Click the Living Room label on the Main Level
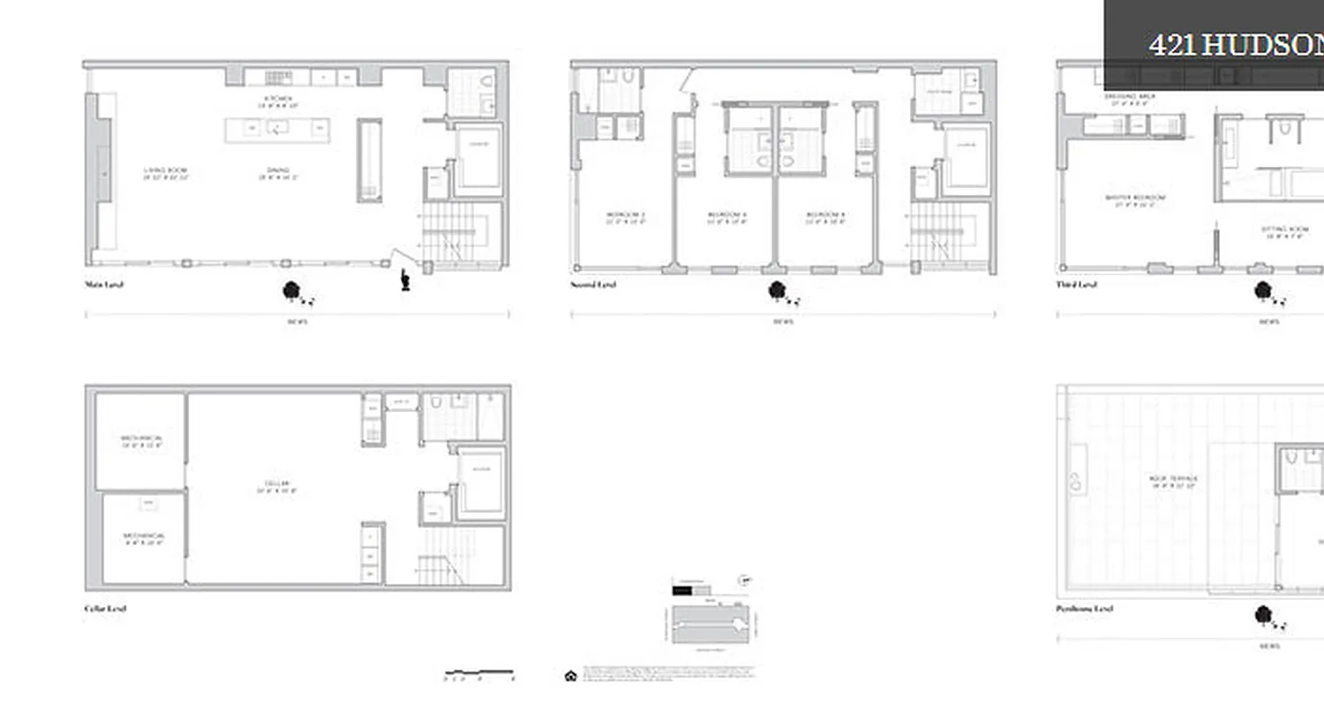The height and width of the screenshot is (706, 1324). pos(166,173)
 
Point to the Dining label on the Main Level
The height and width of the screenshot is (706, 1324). pos(278,173)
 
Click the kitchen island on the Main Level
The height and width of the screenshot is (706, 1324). pos(277,130)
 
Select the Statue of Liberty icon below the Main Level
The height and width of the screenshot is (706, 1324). pos(405,280)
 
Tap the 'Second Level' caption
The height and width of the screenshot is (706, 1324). pos(593,285)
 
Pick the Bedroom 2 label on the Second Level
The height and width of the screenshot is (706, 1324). pos(625,217)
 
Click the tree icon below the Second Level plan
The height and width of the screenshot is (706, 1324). pos(778,290)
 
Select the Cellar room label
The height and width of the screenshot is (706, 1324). pos(277,486)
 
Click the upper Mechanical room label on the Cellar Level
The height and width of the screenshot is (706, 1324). pos(142,441)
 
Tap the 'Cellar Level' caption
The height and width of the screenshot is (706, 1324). pos(105,609)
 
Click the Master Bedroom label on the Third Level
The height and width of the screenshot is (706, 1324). pos(1135,200)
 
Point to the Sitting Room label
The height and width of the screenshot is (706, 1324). pos(1284,232)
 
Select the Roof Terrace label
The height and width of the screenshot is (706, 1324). pos(1173,482)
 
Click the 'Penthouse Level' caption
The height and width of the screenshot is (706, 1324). pos(1085,609)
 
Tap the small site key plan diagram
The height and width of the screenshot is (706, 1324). pos(710,623)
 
